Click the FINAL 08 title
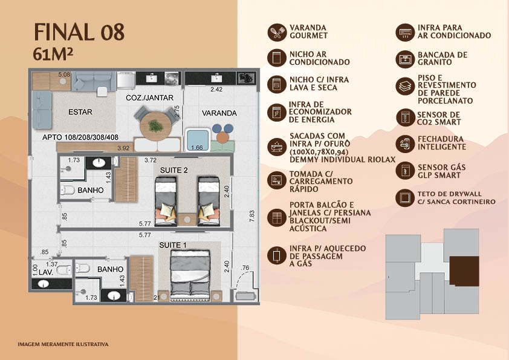pyautogui.click(x=79, y=32)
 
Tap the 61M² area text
pyautogui.click(x=53, y=54)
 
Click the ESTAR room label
pyautogui.click(x=80, y=112)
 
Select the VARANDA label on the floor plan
pyautogui.click(x=219, y=113)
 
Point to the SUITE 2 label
pyautogui.click(x=173, y=170)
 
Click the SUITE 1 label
pyautogui.click(x=173, y=245)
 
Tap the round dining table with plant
pyautogui.click(x=156, y=126)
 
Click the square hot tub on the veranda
pyautogui.click(x=197, y=140)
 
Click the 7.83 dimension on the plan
pyautogui.click(x=252, y=216)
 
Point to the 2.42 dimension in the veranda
pyautogui.click(x=216, y=90)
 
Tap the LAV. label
pyautogui.click(x=46, y=272)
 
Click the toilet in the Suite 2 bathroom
pyautogui.click(x=68, y=190)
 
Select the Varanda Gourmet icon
pyautogui.click(x=277, y=32)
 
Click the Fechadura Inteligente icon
pyautogui.click(x=405, y=143)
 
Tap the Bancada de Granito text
pyautogui.click(x=443, y=59)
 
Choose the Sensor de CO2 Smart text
pyautogui.click(x=439, y=118)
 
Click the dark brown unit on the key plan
pyautogui.click(x=464, y=271)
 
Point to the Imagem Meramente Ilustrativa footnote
pyautogui.click(x=63, y=344)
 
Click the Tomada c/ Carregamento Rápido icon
pyautogui.click(x=277, y=180)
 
